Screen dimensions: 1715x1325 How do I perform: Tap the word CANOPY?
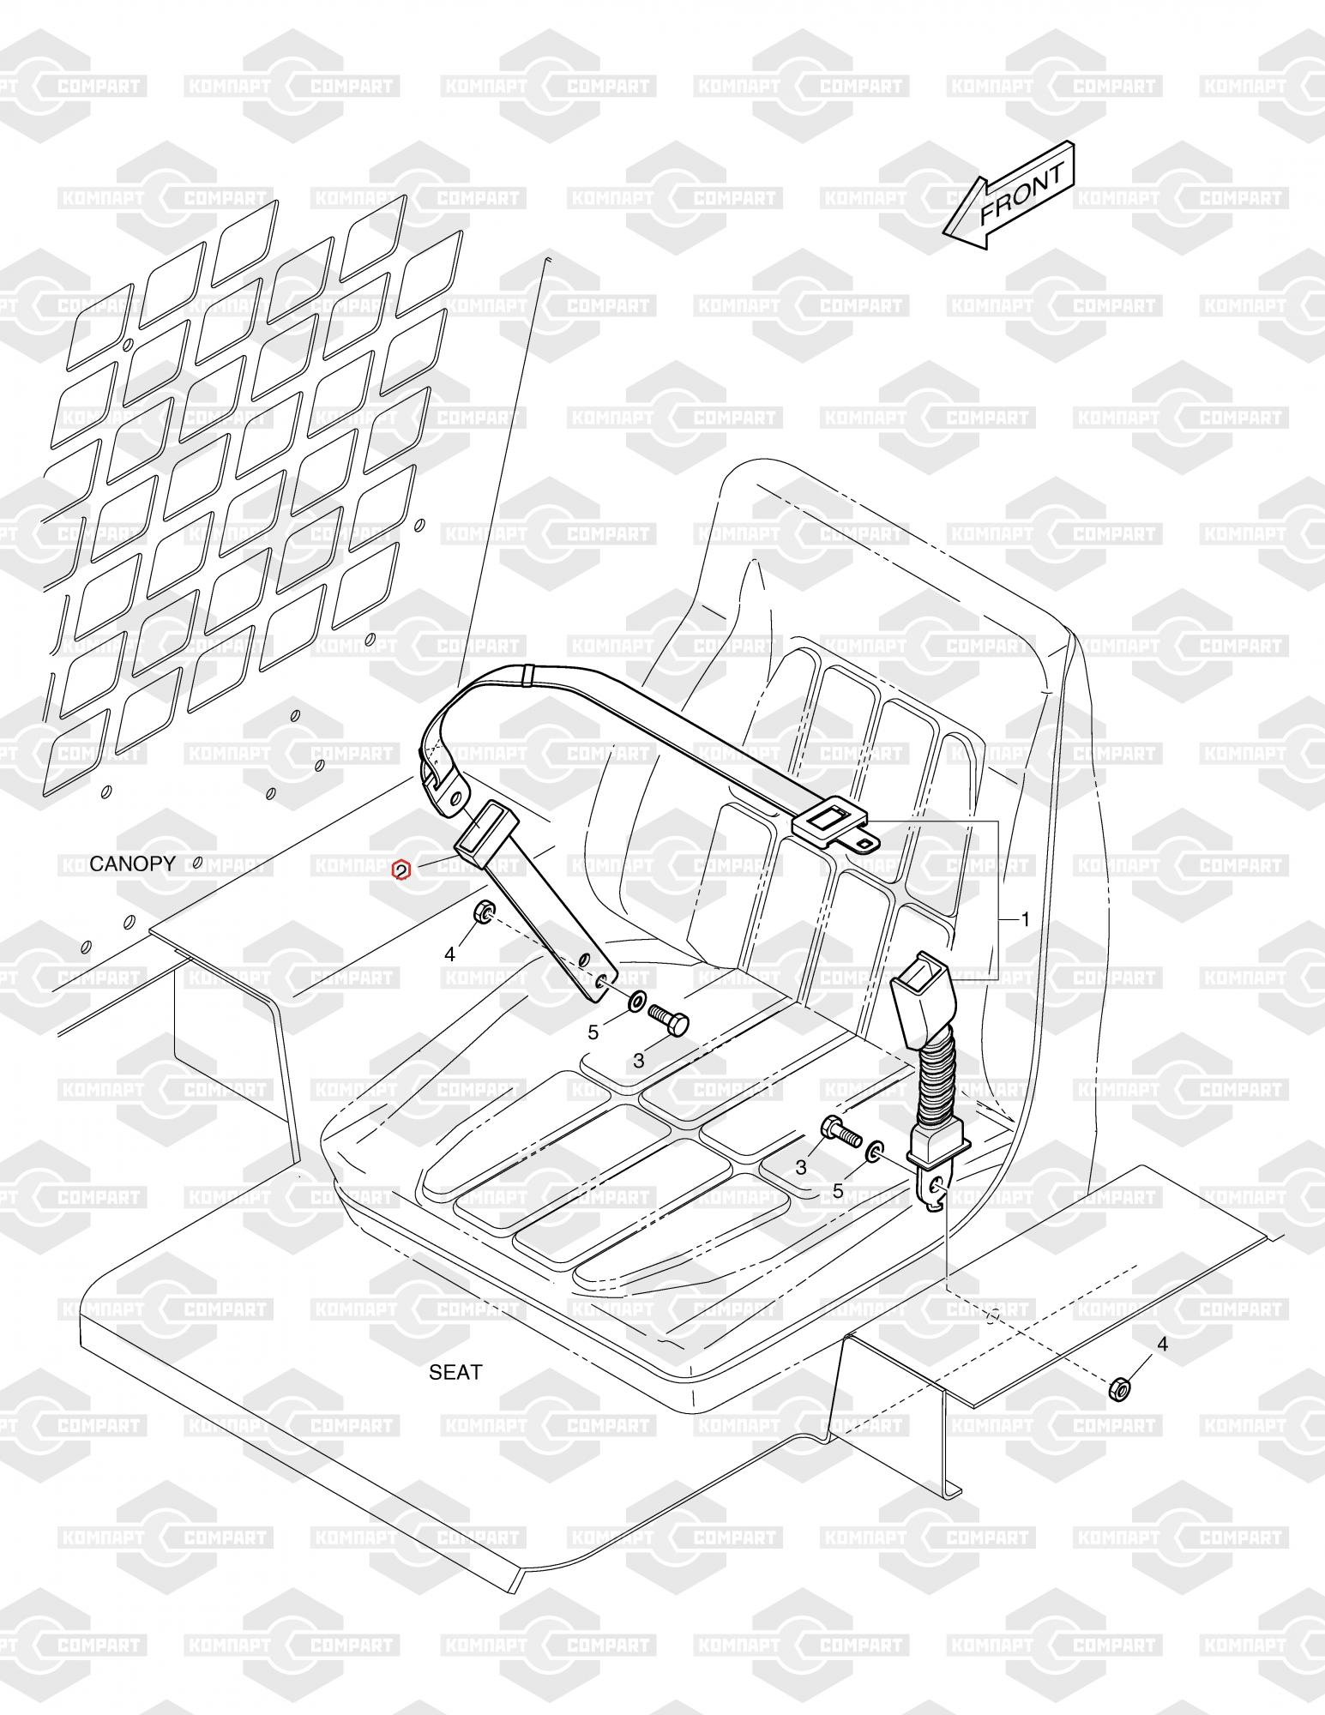point(132,864)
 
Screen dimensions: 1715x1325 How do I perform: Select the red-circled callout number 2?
point(401,871)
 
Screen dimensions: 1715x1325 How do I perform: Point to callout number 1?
point(1024,919)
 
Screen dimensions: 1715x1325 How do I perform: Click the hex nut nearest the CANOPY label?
point(482,912)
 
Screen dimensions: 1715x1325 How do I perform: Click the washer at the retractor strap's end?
point(635,1001)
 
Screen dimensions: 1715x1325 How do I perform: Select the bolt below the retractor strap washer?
point(666,1021)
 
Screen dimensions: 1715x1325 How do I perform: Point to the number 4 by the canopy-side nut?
point(449,954)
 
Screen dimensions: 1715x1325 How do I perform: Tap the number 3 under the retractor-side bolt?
point(638,1061)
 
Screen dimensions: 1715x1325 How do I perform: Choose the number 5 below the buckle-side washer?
point(838,1191)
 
